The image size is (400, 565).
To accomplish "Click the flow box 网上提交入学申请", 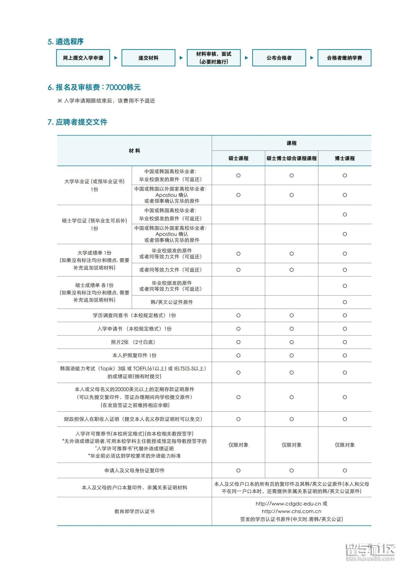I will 83,58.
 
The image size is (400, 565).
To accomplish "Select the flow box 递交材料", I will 148,58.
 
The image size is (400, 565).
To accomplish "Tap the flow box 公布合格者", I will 279,58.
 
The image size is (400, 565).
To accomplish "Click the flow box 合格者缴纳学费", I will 344,58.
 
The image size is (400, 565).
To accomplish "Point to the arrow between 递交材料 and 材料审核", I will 181,58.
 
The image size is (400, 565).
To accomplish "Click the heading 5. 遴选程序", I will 66,42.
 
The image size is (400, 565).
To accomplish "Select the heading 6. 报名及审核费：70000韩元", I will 94,87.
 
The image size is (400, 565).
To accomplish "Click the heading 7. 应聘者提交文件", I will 77,122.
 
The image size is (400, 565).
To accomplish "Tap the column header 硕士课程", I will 238,158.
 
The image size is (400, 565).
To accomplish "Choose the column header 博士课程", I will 345,158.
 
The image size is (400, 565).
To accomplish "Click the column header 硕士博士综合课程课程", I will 292,158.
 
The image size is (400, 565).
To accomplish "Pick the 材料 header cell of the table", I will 135,151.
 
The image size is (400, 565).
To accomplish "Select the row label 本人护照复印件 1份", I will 135,355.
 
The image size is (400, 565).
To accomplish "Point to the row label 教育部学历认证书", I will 135,511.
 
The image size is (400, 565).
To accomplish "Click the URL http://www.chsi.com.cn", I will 291,511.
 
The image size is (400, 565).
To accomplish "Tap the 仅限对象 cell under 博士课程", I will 345,445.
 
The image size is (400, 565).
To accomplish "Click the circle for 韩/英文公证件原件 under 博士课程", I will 345,302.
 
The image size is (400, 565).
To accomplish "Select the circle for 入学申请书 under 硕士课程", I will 238,329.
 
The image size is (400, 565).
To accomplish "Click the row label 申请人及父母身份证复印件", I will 135,471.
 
